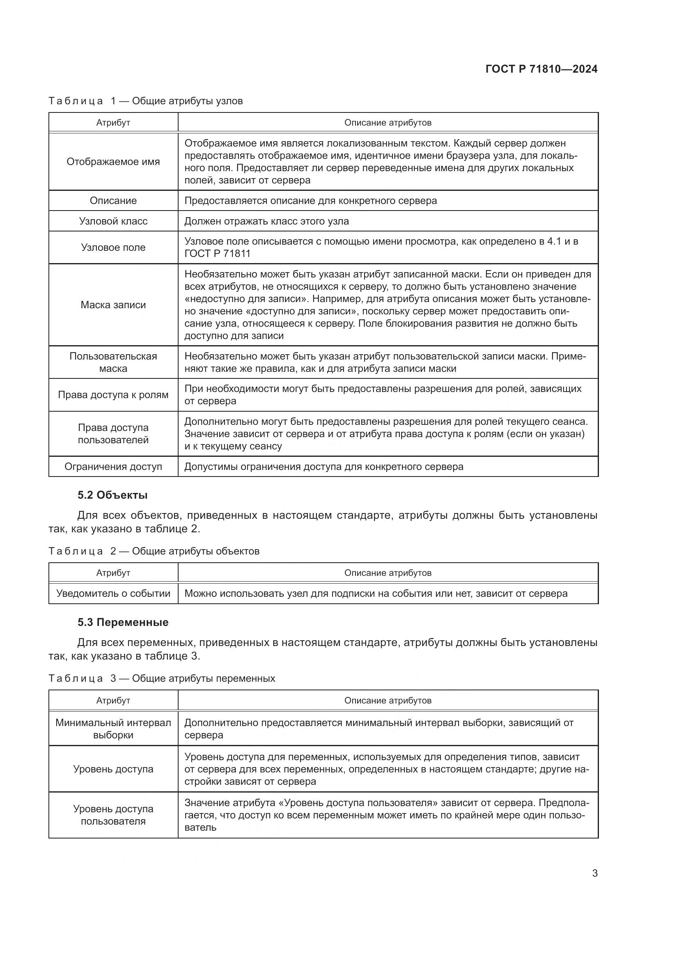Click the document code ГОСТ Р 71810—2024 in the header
coord(541,69)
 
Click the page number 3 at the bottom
coord(594,873)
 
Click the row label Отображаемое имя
coord(113,162)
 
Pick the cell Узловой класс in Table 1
coord(113,221)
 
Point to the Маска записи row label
coord(113,305)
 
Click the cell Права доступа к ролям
coord(113,395)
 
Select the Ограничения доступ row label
coord(113,467)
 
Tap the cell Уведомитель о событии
coord(113,593)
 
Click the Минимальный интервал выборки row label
coord(113,729)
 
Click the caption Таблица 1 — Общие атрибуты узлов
coord(145,101)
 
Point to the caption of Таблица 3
coord(162,678)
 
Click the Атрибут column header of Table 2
coord(113,573)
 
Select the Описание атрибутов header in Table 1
coord(388,122)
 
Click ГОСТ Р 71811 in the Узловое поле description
coord(217,253)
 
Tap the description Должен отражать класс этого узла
coord(266,221)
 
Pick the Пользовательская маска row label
coord(113,362)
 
